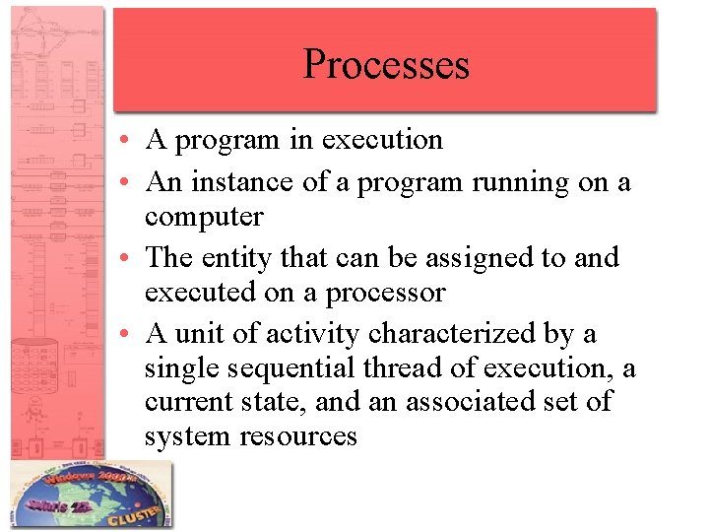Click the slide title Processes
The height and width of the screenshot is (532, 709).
(x=386, y=64)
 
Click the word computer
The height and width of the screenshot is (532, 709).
(x=204, y=217)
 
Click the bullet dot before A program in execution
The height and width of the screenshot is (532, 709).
(x=130, y=141)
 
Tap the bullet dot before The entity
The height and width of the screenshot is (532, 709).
(x=130, y=259)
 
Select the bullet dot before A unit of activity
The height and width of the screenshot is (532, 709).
(x=130, y=335)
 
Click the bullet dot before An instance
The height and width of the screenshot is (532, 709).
(x=130, y=183)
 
